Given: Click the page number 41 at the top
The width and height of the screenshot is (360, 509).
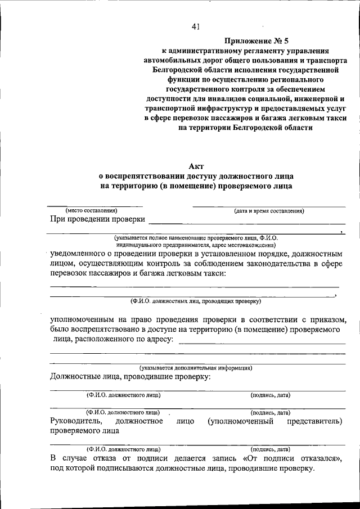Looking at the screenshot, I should coord(196,25).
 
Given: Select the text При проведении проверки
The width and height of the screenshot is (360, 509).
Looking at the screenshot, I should coord(97,219).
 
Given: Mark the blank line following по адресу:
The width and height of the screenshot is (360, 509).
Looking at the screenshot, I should coord(264,343).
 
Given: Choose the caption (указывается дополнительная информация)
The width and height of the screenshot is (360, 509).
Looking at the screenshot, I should coord(196,368).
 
